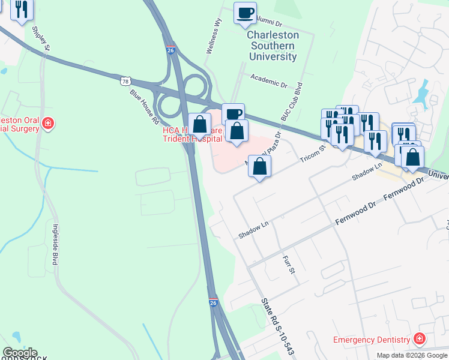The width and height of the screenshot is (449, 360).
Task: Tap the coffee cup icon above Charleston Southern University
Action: [x=244, y=14]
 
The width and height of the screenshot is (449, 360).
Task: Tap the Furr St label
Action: [x=289, y=264]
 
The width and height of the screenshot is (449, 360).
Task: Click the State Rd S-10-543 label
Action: [x=277, y=327]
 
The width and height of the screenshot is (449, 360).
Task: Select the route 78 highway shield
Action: [x=125, y=80]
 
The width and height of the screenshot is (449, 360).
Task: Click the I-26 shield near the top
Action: [x=170, y=52]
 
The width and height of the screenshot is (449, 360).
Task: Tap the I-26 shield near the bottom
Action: [x=213, y=304]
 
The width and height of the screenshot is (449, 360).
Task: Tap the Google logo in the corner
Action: [x=19, y=353]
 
